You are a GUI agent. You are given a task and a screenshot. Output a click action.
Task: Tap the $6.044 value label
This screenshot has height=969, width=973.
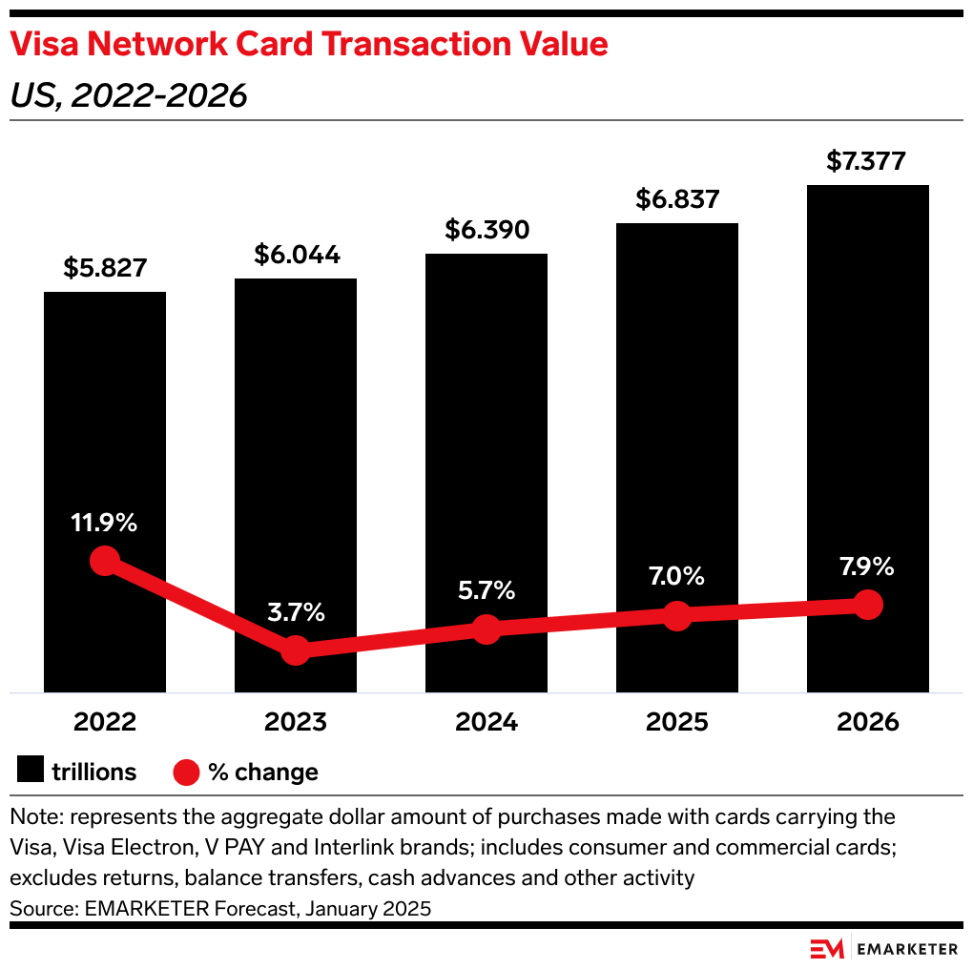coord(296,255)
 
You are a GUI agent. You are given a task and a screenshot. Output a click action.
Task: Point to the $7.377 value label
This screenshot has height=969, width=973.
coord(867,161)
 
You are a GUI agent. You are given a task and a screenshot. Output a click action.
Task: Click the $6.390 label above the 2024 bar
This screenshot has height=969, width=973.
coord(486,230)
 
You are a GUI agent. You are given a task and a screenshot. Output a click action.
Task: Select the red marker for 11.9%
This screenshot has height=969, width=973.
coord(105,561)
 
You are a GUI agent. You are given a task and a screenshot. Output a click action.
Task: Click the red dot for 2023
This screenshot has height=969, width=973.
coord(296,650)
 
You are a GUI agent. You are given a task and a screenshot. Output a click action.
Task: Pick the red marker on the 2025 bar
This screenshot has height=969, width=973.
coord(676,615)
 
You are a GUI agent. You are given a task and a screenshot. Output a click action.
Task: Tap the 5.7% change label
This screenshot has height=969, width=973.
coord(486,590)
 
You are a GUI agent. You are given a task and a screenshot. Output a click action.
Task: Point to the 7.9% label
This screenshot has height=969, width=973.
coord(867,567)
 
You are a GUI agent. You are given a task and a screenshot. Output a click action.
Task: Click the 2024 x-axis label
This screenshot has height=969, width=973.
coord(486,722)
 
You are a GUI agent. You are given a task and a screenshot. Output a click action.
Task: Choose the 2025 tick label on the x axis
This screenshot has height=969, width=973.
coord(676,722)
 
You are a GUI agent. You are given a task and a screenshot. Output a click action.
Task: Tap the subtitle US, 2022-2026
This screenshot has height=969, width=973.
coord(129,95)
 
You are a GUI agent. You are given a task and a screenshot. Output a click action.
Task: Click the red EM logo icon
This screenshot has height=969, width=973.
coord(827,948)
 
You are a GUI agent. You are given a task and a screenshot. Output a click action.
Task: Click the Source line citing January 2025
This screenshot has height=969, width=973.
coord(220,908)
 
